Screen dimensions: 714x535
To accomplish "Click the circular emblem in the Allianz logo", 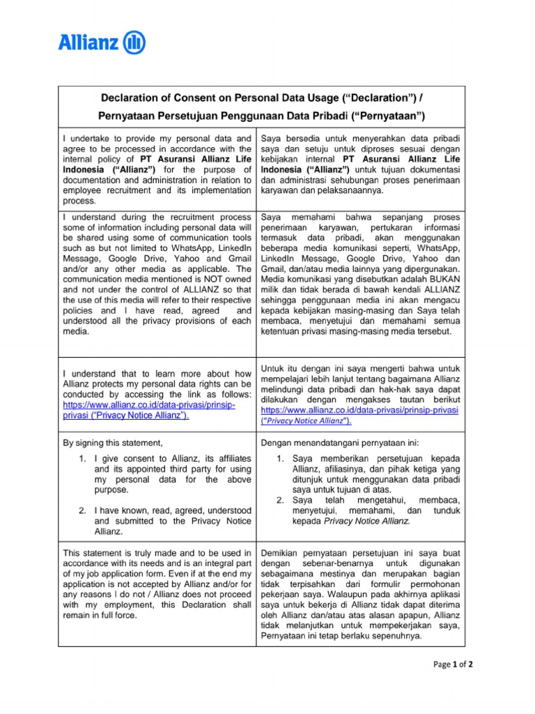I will point(134,44).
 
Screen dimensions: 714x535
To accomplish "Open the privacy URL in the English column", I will point(149,404).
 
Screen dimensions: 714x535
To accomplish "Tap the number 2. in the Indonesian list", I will point(280,500).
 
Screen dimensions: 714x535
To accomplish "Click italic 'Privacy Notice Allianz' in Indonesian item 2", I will point(368,521).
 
